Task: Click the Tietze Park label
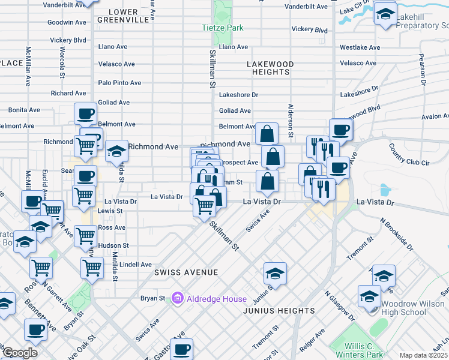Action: pos(222,28)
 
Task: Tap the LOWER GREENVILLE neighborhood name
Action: pos(128,16)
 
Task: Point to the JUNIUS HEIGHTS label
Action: pos(279,311)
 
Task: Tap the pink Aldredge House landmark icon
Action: pos(176,298)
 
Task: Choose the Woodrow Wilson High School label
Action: pos(414,308)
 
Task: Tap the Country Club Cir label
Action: pos(409,154)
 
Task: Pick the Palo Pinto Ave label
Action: pos(119,83)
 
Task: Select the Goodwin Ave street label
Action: pos(67,22)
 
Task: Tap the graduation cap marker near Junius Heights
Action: pos(275,274)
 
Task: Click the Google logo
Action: pos(19,353)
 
